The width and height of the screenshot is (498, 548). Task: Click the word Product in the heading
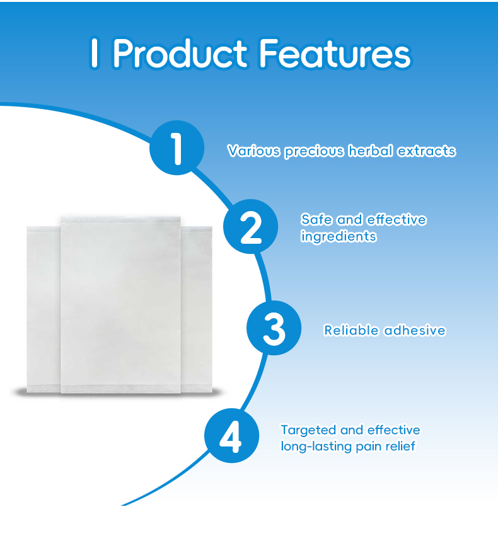click(180, 54)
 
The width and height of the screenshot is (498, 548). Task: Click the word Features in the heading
click(334, 54)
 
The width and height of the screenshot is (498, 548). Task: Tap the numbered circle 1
click(177, 147)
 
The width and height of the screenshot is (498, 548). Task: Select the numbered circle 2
click(252, 226)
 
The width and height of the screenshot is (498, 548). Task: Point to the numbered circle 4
click(231, 437)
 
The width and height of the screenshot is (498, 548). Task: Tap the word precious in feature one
click(313, 151)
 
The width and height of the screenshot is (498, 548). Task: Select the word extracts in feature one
click(426, 151)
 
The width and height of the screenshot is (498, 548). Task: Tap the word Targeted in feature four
click(308, 430)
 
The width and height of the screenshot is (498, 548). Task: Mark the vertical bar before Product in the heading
click(95, 54)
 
